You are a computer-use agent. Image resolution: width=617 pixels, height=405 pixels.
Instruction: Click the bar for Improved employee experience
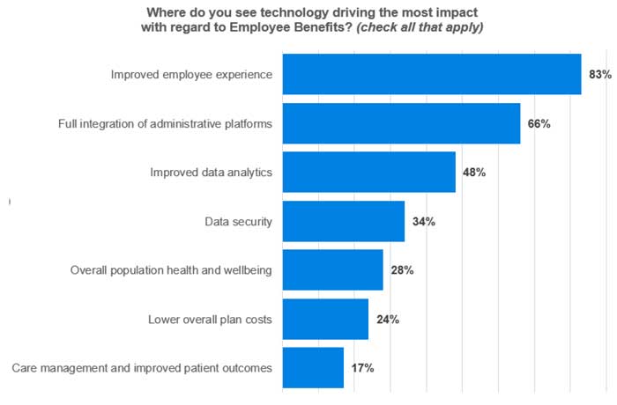click(432, 75)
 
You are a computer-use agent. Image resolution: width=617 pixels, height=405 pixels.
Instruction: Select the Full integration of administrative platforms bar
click(401, 123)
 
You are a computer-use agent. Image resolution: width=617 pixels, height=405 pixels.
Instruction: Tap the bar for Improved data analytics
click(369, 172)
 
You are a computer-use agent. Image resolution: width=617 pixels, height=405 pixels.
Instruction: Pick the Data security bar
click(344, 221)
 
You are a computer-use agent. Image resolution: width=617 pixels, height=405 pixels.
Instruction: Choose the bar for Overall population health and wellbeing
click(333, 269)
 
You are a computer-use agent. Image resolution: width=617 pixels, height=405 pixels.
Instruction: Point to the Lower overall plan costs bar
click(325, 319)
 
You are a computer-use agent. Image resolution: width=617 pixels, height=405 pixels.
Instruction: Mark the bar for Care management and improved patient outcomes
click(313, 367)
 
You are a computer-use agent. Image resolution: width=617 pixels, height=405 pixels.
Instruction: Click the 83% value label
click(600, 75)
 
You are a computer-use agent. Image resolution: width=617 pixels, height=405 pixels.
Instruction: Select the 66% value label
click(539, 124)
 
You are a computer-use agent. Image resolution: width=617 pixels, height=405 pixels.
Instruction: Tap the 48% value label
click(474, 173)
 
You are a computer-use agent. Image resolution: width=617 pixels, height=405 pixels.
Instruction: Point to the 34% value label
click(423, 221)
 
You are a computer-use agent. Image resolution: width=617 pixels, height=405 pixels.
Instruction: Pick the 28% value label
click(402, 270)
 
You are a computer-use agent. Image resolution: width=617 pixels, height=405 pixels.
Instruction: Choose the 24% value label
click(387, 319)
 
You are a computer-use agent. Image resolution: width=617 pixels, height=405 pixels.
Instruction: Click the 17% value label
click(362, 368)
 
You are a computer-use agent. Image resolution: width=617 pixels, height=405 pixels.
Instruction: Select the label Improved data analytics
click(212, 173)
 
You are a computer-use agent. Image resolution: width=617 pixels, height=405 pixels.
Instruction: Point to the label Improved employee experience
click(191, 75)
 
